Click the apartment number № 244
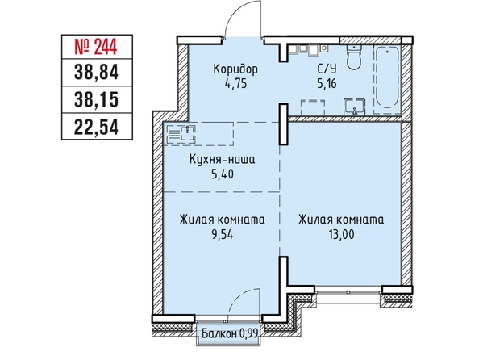pos(96,48)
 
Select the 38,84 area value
pos(96,73)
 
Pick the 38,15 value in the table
pos(96,100)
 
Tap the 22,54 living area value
pos(96,127)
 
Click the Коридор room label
pos(235,69)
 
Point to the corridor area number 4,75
pos(235,83)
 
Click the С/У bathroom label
pos(327,69)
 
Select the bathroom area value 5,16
pos(327,83)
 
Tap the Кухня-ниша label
pos(222,159)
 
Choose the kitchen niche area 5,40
pos(223,174)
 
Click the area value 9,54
pos(222,235)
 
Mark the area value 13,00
pos(341,235)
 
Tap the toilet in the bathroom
pos(354,57)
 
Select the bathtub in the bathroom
pos(387,77)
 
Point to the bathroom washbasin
pos(354,107)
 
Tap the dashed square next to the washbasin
pos(313,107)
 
